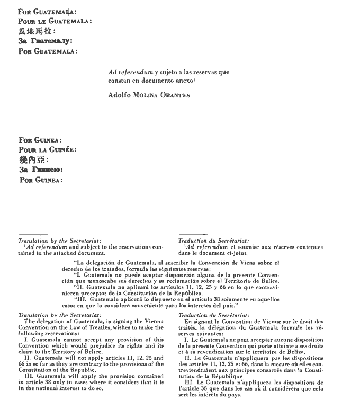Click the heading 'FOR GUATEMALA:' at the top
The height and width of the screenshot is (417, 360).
point(47,11)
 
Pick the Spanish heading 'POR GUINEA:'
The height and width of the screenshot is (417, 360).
point(40,180)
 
